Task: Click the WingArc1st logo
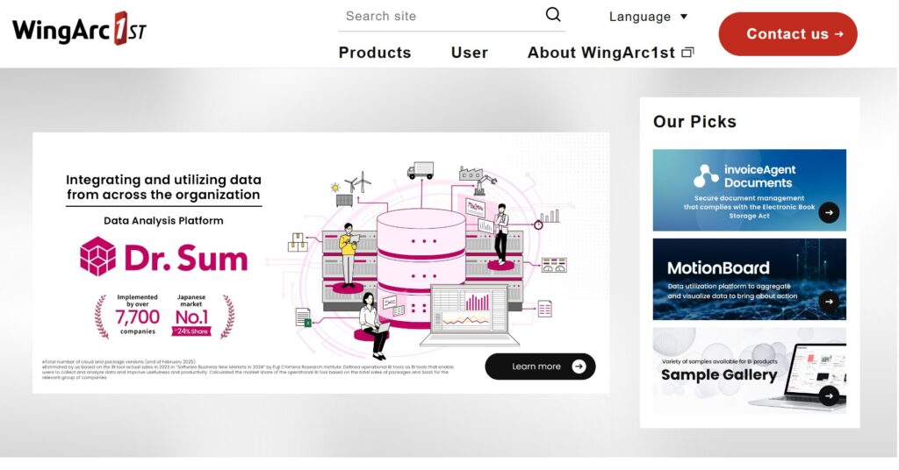tap(79, 29)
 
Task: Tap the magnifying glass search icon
tap(553, 15)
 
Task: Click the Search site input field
tap(439, 16)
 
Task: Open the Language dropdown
tap(648, 17)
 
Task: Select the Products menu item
tap(375, 53)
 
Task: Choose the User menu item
tap(470, 53)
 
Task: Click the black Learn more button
tap(540, 367)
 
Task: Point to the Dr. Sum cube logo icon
tap(97, 257)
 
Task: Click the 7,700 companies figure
tap(138, 317)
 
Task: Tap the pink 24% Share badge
tap(191, 331)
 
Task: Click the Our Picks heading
tap(694, 122)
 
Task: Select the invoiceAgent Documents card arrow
tap(829, 212)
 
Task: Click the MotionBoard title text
tap(718, 268)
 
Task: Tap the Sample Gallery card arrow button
tap(829, 395)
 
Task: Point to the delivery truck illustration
tap(421, 170)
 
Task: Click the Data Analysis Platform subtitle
tap(163, 221)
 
